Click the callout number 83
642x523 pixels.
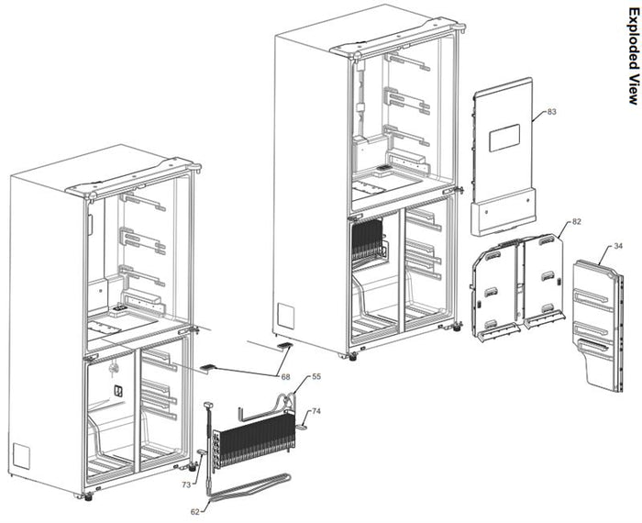(x=552, y=112)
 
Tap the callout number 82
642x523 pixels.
(x=577, y=221)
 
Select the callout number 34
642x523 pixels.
(x=618, y=246)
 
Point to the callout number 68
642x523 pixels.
(x=285, y=377)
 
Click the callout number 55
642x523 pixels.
(x=316, y=376)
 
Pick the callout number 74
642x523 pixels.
(x=316, y=411)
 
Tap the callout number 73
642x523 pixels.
(x=186, y=484)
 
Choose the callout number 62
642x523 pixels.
(x=195, y=512)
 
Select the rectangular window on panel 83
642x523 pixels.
(x=504, y=138)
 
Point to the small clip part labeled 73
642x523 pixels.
(x=203, y=451)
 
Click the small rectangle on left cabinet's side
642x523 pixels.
(x=21, y=457)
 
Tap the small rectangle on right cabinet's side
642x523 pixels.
(x=286, y=316)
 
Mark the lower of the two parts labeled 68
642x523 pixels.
(x=207, y=367)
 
